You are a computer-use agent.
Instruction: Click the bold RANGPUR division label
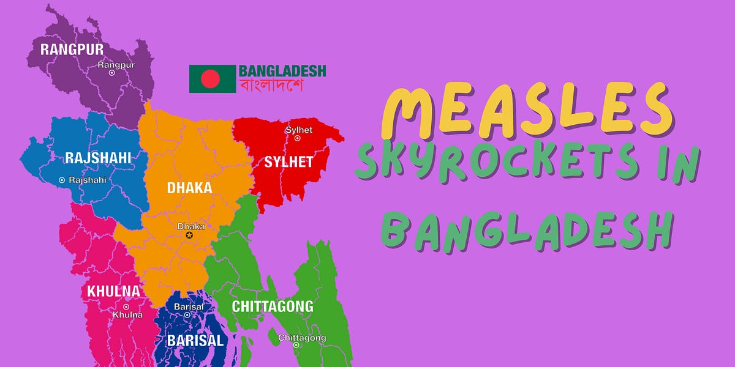pyautogui.click(x=72, y=50)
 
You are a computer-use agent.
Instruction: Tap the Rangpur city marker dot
pyautogui.click(x=111, y=73)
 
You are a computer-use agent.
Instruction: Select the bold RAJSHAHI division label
pyautogui.click(x=98, y=158)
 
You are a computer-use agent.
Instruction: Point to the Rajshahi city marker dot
pyautogui.click(x=62, y=180)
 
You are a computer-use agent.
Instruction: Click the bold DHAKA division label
pyautogui.click(x=189, y=188)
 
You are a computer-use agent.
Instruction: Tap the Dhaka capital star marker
pyautogui.click(x=189, y=235)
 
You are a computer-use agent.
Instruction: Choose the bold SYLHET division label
pyautogui.click(x=288, y=162)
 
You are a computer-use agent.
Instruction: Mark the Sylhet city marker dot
pyautogui.click(x=298, y=138)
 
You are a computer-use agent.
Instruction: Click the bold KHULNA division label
pyautogui.click(x=113, y=291)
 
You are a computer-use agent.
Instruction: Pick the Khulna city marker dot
pyautogui.click(x=126, y=307)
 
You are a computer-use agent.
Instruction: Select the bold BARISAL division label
pyautogui.click(x=194, y=341)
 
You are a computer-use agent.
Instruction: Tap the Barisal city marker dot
pyautogui.click(x=187, y=315)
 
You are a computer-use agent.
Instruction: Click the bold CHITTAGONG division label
pyautogui.click(x=272, y=306)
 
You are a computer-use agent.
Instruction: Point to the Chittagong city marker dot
pyautogui.click(x=296, y=345)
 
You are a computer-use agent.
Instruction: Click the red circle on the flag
pyautogui.click(x=210, y=78)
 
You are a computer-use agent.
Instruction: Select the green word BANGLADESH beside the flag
pyautogui.click(x=282, y=71)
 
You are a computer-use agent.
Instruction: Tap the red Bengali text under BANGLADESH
pyautogui.click(x=271, y=86)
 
